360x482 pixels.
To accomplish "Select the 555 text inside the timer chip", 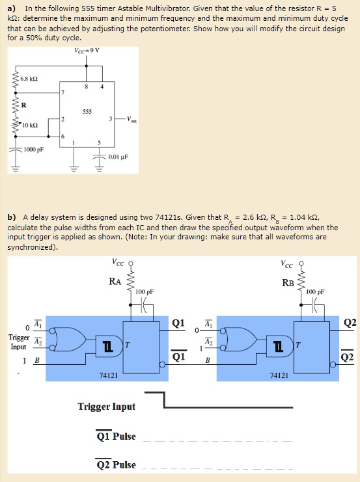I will click(x=86, y=111).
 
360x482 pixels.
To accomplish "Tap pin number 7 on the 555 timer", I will click(x=63, y=93).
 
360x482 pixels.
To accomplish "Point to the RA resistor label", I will click(x=115, y=282).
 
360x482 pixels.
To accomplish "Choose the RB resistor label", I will click(x=288, y=282).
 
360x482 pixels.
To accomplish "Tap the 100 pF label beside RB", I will click(x=315, y=292).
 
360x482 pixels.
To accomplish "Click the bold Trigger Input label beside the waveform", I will click(x=106, y=407).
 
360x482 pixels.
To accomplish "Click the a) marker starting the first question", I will click(x=11, y=7).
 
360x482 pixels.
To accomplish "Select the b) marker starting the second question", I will click(x=11, y=217).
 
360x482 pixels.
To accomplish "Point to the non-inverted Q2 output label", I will click(x=350, y=323).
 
